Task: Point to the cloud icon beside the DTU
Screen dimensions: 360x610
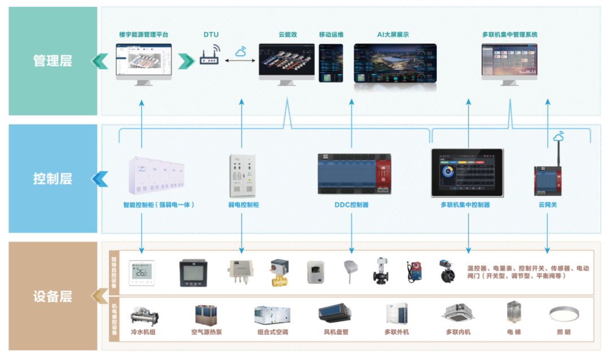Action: tap(242, 51)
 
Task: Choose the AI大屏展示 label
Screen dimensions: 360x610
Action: tap(393, 34)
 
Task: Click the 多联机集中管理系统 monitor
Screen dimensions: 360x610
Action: tap(509, 60)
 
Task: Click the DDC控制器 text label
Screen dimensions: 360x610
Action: tap(351, 205)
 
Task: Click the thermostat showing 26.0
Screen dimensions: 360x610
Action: tap(141, 272)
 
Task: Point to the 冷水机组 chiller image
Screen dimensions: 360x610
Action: tap(144, 315)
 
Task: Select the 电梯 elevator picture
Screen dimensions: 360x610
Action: tap(513, 313)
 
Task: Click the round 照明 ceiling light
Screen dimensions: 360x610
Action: tap(563, 314)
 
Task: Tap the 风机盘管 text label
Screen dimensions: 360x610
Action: tap(336, 332)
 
